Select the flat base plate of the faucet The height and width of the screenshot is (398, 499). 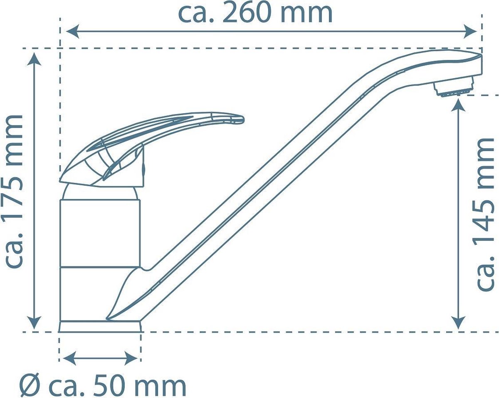click(x=100, y=326)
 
